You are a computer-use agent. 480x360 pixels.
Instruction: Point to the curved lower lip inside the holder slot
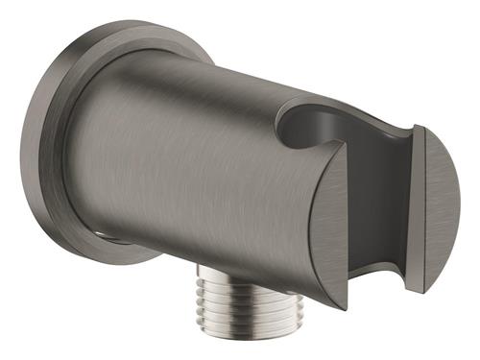379,269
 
